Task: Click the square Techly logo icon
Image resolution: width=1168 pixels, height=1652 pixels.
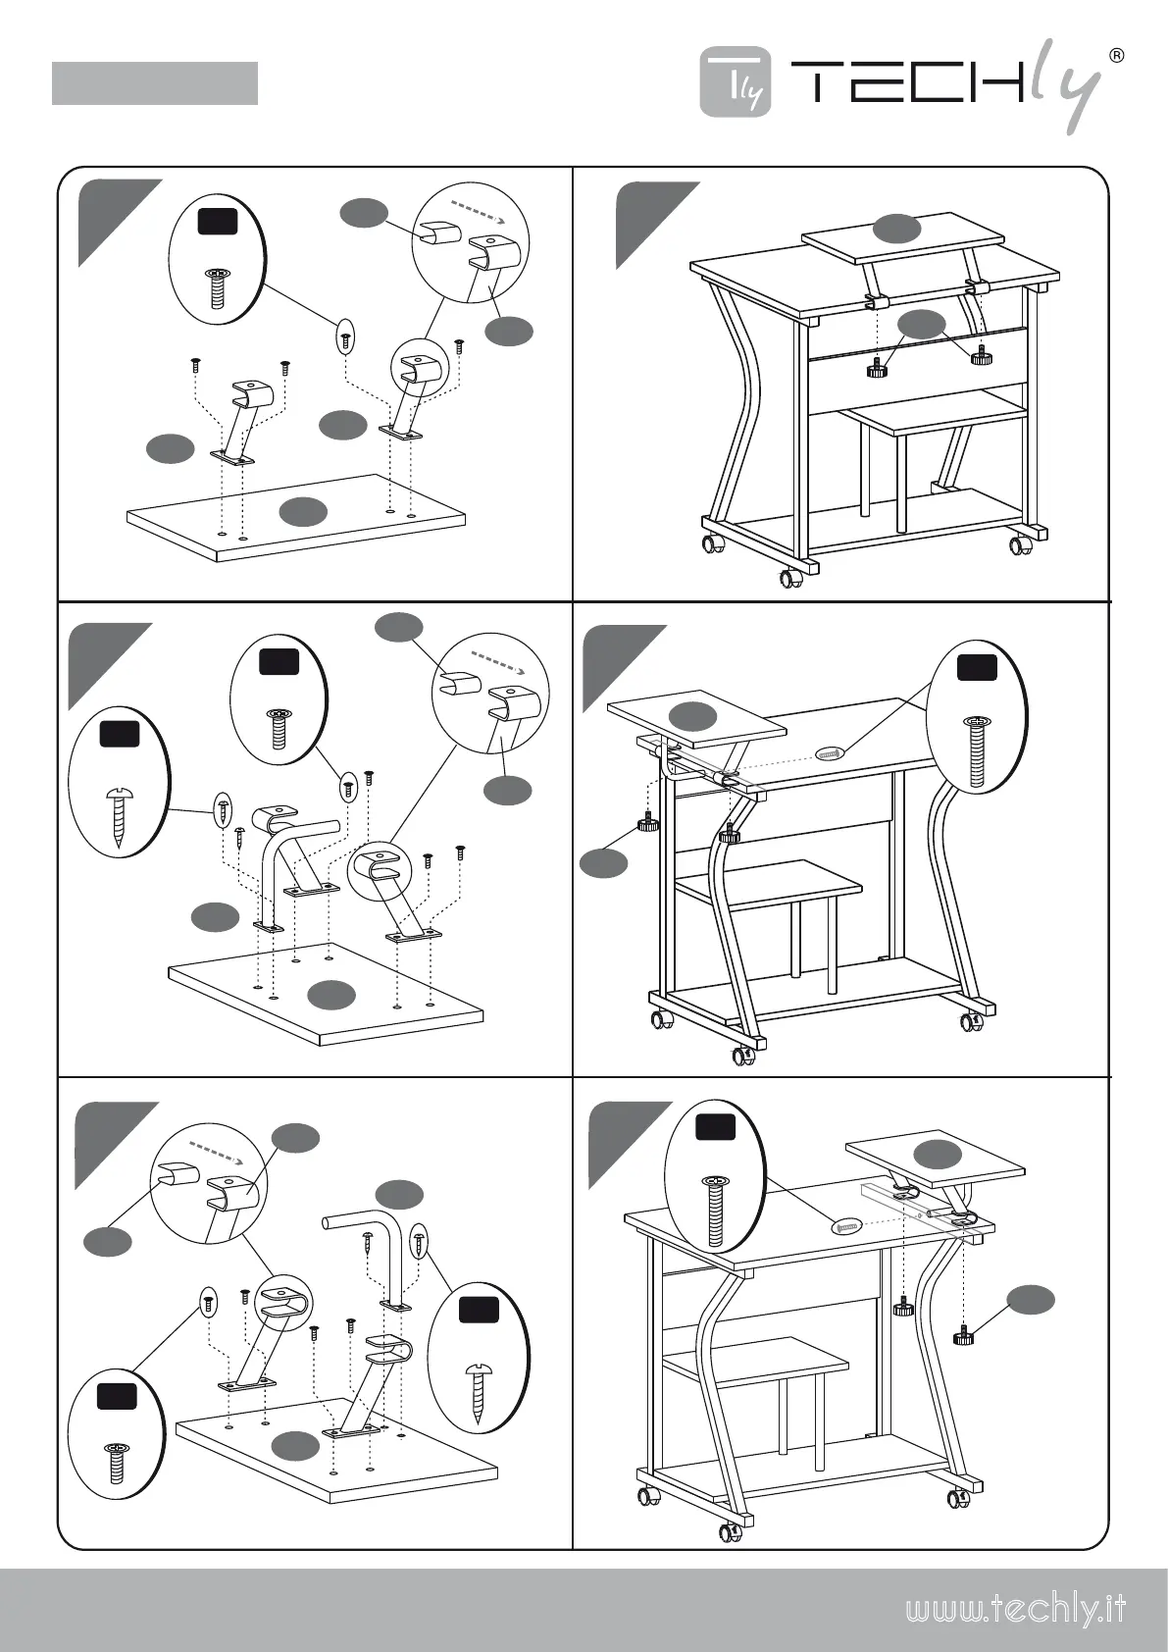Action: pyautogui.click(x=736, y=82)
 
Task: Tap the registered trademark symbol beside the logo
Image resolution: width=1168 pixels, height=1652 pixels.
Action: pyautogui.click(x=1115, y=55)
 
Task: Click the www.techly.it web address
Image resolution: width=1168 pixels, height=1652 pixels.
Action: pyautogui.click(x=1014, y=1610)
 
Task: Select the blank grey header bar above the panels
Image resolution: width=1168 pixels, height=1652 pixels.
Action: pyautogui.click(x=154, y=83)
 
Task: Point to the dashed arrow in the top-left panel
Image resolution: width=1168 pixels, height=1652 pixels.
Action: pyautogui.click(x=476, y=213)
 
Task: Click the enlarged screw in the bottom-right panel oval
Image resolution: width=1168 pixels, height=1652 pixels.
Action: pyautogui.click(x=715, y=1209)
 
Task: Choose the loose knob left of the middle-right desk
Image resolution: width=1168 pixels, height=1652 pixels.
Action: pyautogui.click(x=646, y=823)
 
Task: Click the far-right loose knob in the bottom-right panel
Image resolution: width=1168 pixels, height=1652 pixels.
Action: pyautogui.click(x=964, y=1335)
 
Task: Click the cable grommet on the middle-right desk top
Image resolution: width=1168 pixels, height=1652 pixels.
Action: pyautogui.click(x=829, y=754)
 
